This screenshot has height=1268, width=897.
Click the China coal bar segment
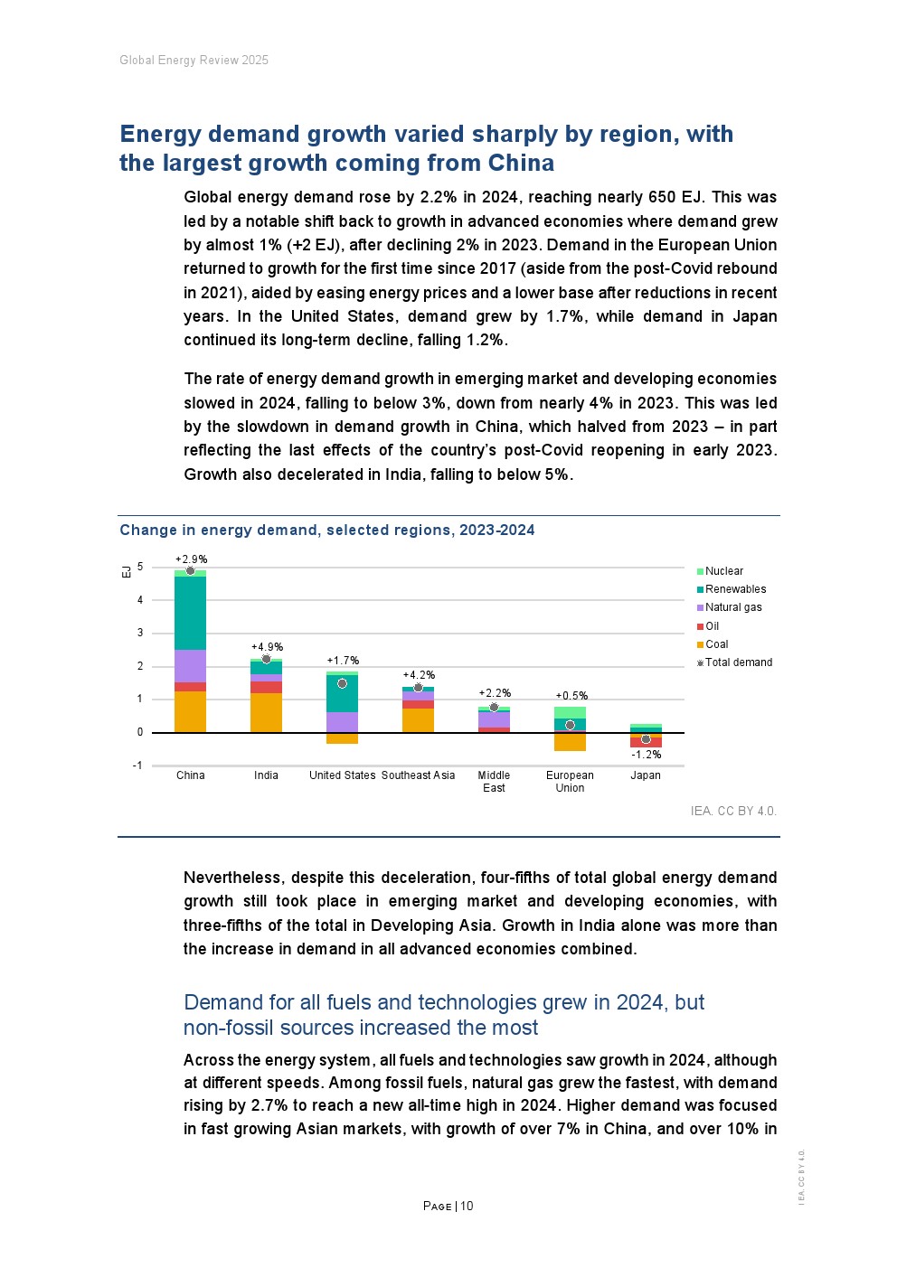pyautogui.click(x=190, y=711)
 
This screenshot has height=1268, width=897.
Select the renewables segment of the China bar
pyautogui.click(x=190, y=613)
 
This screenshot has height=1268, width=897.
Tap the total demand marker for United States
pyautogui.click(x=342, y=683)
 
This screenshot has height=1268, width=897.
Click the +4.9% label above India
pyautogui.click(x=267, y=647)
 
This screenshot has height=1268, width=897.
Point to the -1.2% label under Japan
pyautogui.click(x=646, y=755)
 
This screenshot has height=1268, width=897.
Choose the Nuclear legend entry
pyautogui.click(x=723, y=571)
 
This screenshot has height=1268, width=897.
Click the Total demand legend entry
pyautogui.click(x=738, y=662)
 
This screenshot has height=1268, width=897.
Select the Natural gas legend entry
pyautogui.click(x=732, y=607)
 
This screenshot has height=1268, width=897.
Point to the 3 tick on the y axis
pyautogui.click(x=140, y=633)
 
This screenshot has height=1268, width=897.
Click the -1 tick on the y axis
pyautogui.click(x=137, y=765)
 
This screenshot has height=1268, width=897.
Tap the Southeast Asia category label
pyautogui.click(x=418, y=775)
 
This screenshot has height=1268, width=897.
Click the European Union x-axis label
pyautogui.click(x=570, y=781)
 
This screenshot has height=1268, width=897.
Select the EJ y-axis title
pyautogui.click(x=127, y=571)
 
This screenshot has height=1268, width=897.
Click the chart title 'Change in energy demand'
pyautogui.click(x=326, y=531)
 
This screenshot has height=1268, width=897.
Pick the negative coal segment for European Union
pyautogui.click(x=570, y=742)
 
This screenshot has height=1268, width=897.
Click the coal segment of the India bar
pyautogui.click(x=266, y=712)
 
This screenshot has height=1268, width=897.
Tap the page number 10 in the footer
pyautogui.click(x=467, y=1206)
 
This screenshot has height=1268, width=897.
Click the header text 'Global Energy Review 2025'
pyautogui.click(x=194, y=61)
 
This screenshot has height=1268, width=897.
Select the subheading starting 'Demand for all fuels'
pyautogui.click(x=443, y=1015)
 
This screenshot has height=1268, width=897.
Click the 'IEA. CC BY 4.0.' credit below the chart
pyautogui.click(x=733, y=811)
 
